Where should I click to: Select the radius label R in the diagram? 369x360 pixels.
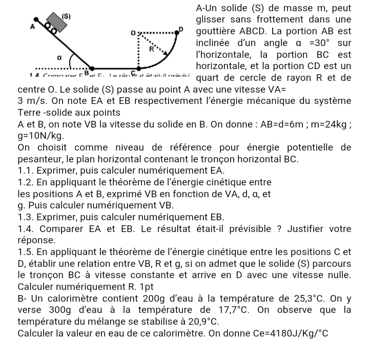pyautogui.click(x=152, y=49)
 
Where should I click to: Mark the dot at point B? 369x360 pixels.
pyautogui.click(x=92, y=68)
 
